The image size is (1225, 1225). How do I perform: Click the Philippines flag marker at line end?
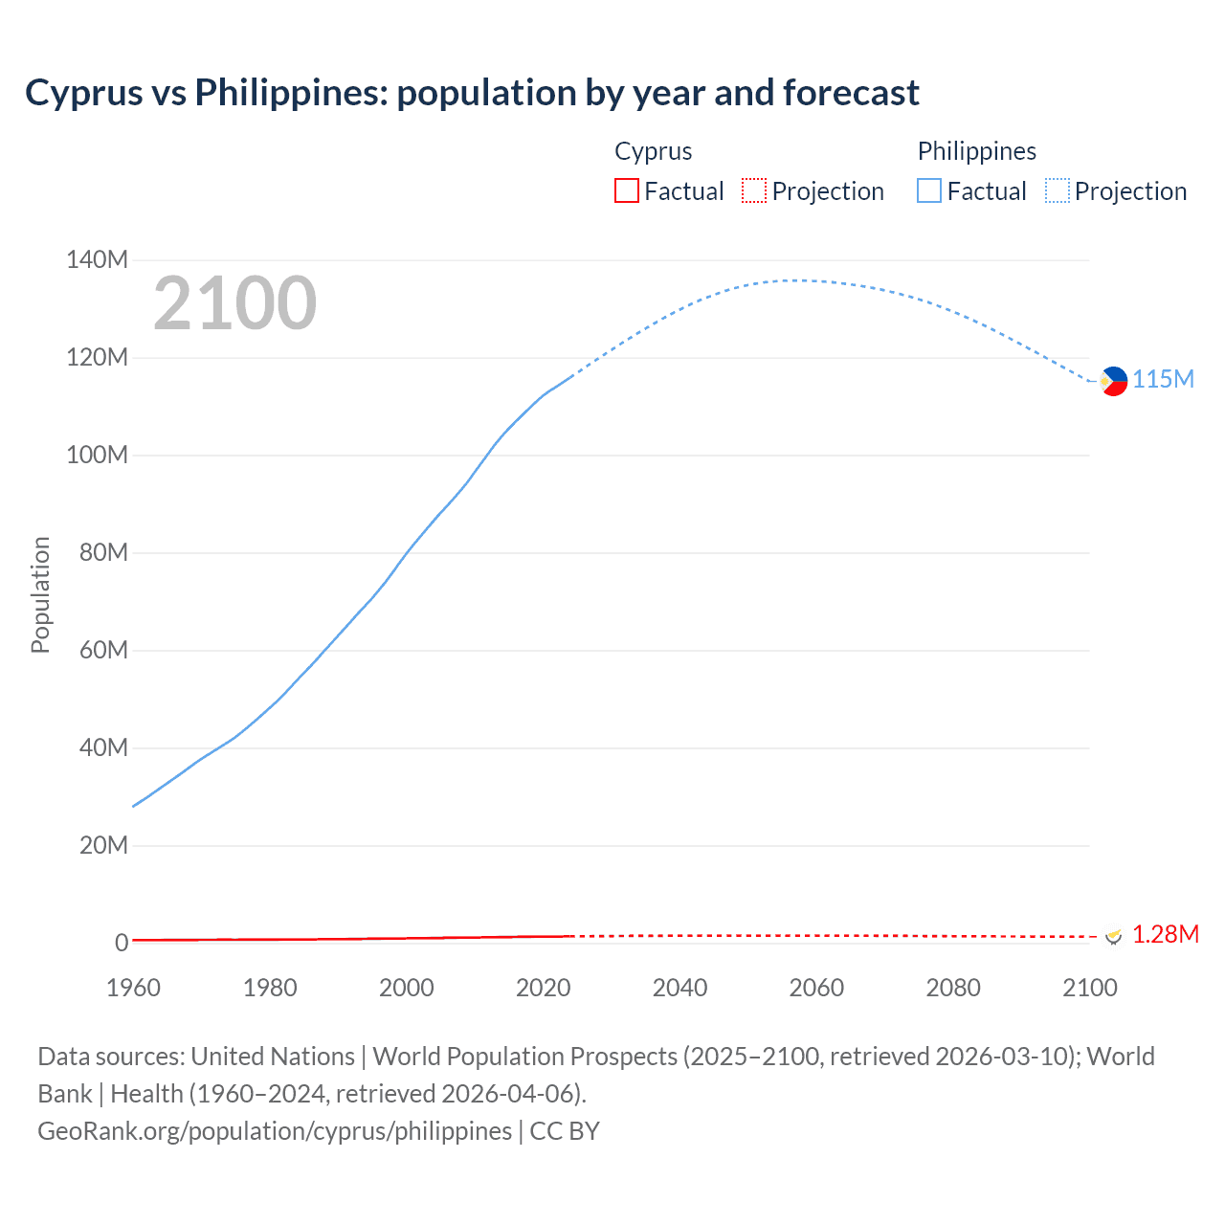coord(1113,381)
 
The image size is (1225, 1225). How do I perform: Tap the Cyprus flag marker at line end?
coord(1113,935)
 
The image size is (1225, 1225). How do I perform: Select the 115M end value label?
coord(1163,380)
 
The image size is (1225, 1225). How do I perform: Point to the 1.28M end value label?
coord(1165,935)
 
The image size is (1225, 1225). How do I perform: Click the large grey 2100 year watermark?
coord(234,303)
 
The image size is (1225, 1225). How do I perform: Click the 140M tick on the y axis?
coord(97,260)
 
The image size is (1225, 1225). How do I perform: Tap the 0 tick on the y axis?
coord(121,943)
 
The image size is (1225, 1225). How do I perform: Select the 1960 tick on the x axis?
coord(133,988)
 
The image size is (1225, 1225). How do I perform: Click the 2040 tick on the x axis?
coord(679,988)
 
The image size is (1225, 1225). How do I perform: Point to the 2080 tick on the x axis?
coord(953,988)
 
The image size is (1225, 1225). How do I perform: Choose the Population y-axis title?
coord(40,595)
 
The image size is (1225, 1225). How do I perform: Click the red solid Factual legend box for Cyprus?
coord(626,191)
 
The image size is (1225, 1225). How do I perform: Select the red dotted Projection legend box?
coord(754,191)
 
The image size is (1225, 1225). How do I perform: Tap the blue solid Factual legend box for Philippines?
coord(929,191)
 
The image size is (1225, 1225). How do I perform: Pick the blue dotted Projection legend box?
coord(1058,191)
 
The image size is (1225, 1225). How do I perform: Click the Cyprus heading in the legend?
coord(653,151)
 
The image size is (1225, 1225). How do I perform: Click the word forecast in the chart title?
coord(851,93)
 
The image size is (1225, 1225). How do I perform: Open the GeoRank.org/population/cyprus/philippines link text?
coord(275,1131)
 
